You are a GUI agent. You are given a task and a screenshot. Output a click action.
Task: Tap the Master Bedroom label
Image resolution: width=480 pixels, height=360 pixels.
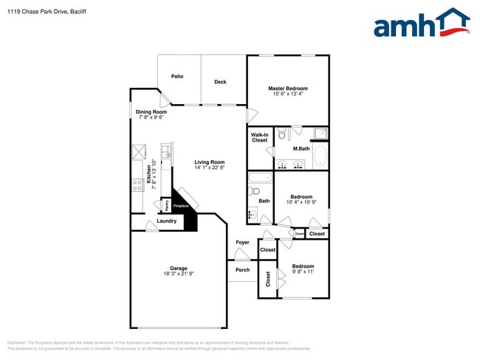point(288,88)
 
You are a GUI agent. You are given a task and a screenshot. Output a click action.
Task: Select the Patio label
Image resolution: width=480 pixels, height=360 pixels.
point(177,76)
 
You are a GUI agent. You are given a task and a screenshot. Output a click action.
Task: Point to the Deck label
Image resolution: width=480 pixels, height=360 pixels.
point(220,82)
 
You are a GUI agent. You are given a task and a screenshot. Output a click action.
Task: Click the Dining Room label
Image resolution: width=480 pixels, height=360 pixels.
point(151,112)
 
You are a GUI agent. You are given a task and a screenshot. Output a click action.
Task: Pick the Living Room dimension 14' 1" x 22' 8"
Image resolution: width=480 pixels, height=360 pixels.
point(210,167)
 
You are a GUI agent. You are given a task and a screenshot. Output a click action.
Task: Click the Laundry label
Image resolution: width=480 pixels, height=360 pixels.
point(166,221)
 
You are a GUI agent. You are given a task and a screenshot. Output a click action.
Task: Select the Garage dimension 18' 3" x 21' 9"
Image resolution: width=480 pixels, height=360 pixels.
point(178,274)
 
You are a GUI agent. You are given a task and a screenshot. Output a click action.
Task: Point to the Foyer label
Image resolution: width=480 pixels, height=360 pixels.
point(242,242)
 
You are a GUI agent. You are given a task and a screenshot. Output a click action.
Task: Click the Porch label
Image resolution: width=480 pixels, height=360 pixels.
point(242,269)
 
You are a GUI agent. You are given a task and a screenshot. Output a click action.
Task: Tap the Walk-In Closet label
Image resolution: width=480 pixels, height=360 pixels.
point(259,137)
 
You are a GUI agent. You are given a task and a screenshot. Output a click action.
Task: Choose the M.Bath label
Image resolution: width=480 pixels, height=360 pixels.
point(301,149)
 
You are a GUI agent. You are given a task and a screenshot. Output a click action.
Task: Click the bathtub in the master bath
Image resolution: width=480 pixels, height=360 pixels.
point(320,156)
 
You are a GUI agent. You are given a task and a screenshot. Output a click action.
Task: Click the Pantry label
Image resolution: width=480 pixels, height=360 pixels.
point(166,204)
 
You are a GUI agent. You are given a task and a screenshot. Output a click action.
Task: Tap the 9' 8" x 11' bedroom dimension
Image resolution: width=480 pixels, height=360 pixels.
point(303,271)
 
